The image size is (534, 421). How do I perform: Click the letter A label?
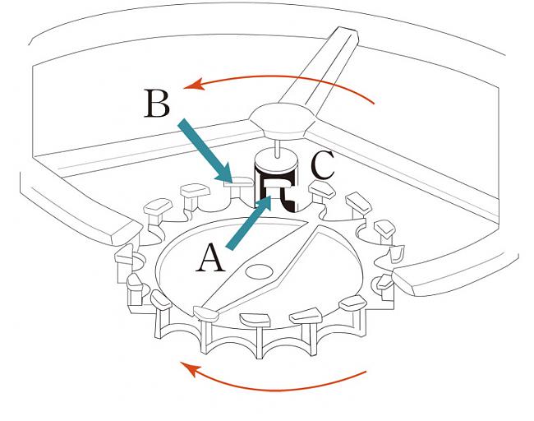(x=211, y=259)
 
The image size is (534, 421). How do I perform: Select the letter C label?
(x=323, y=166)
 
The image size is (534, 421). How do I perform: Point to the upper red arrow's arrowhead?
(x=190, y=83)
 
